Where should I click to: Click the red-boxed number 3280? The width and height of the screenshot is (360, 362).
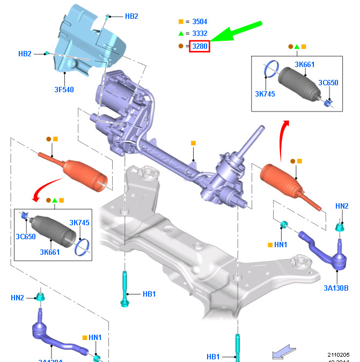tap(200, 47)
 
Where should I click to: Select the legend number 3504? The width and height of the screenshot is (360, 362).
tap(200, 22)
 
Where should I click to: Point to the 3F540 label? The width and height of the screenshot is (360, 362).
tap(64, 90)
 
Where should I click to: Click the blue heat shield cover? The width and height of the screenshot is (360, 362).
tap(86, 40)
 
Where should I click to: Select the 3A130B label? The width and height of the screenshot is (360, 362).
tap(336, 288)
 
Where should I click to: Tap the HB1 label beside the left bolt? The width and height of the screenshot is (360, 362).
tap(149, 294)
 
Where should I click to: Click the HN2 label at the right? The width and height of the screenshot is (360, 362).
tap(342, 206)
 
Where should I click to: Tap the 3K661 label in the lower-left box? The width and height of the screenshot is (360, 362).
tap(49, 252)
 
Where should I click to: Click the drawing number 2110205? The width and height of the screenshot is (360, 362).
tap(339, 354)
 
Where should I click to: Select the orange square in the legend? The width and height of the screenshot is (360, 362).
tap(181, 22)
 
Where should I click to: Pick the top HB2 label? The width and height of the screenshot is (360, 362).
tap(131, 16)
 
